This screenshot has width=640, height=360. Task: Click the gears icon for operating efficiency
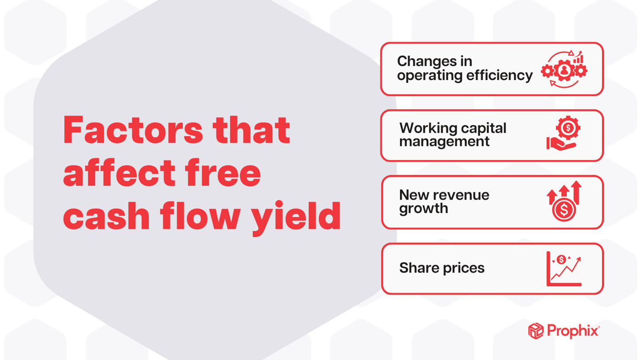[564, 69]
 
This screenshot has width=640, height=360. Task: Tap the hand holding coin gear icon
[563, 134]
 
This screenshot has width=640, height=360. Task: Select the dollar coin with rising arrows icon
[564, 202]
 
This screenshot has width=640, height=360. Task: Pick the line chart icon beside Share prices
[564, 269]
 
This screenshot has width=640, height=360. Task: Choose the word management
[444, 142]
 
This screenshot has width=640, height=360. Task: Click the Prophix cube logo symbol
[536, 330]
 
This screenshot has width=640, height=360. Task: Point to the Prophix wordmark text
[573, 331]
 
